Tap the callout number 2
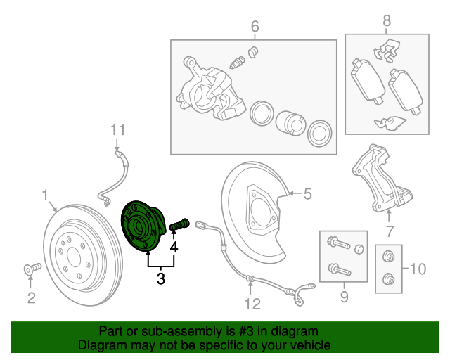tap(31, 298)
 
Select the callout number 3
tap(160, 279)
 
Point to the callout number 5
tap(307, 194)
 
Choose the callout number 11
tap(117, 129)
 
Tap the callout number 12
tap(252, 304)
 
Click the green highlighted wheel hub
tap(143, 226)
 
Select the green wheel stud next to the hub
tap(176, 225)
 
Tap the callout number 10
tap(417, 268)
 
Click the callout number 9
tap(344, 297)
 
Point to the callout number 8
tap(386, 21)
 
